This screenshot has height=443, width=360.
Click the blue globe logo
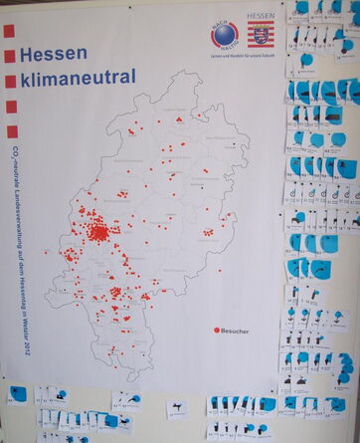point(224,34)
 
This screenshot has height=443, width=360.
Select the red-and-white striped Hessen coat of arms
point(262,37)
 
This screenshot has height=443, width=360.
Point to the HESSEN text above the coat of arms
point(261,18)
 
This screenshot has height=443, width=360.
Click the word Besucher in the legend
point(236,329)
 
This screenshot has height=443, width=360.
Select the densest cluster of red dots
point(98,233)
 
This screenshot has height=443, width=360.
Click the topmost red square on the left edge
point(9,31)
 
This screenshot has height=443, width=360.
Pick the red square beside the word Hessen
point(9,56)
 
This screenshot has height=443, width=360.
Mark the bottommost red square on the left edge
point(9,130)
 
